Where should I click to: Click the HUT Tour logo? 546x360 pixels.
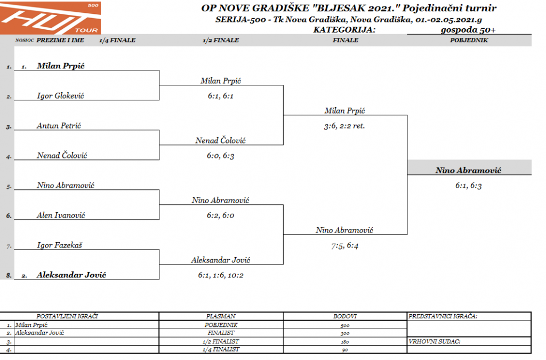click(50, 18)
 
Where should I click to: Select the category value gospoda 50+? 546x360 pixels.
click(469, 29)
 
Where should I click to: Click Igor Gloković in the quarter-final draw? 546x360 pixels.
click(61, 96)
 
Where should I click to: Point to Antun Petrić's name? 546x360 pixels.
click(59, 126)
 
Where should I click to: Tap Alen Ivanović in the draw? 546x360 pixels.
click(61, 215)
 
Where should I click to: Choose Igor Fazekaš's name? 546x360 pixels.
click(59, 245)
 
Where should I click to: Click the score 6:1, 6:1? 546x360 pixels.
click(221, 96)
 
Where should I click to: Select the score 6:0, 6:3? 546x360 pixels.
click(221, 156)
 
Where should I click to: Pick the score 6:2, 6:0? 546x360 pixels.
click(221, 215)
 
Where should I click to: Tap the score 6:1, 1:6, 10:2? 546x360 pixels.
click(221, 275)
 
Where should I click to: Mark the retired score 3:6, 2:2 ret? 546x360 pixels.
click(345, 126)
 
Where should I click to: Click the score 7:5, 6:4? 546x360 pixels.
click(345, 246)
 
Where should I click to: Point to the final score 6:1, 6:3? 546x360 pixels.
click(469, 186)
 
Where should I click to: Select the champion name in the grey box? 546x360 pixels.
click(469, 171)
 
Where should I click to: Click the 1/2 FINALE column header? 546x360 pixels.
click(221, 40)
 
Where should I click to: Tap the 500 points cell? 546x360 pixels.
click(345, 325)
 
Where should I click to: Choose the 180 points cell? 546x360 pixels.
click(345, 341)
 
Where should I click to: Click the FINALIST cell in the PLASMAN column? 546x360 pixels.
click(221, 333)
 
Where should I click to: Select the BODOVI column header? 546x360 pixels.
click(345, 316)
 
